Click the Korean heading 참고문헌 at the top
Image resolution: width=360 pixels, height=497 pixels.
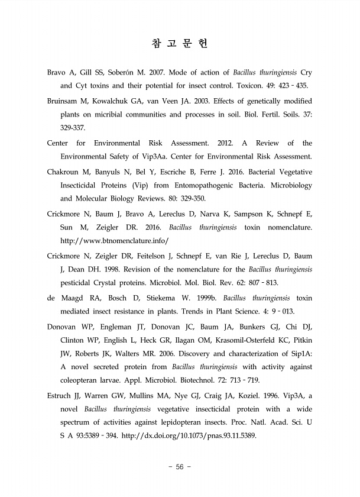[x=180, y=44]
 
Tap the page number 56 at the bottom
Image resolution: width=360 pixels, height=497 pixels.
[x=180, y=467]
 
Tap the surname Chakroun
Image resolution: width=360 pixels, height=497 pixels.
[x=65, y=172]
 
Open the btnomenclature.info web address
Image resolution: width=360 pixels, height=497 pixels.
[x=114, y=241]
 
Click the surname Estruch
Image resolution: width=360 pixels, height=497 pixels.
[x=63, y=396]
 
